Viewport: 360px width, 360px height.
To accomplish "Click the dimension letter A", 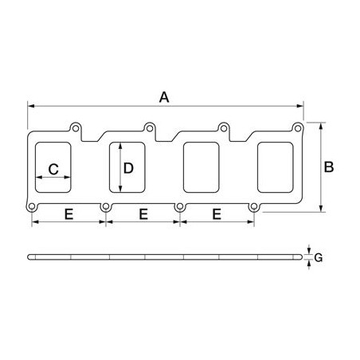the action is pyautogui.click(x=164, y=97).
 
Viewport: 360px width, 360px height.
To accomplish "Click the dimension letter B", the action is pyautogui.click(x=329, y=167).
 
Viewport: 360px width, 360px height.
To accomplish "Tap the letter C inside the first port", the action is pyautogui.click(x=53, y=169).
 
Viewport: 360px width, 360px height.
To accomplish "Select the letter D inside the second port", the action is pyautogui.click(x=128, y=168).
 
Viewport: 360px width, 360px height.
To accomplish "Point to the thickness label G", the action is pyautogui.click(x=319, y=257).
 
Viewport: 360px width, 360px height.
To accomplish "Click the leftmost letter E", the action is pyautogui.click(x=68, y=214).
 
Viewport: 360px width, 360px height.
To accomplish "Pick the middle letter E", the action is pyautogui.click(x=143, y=214).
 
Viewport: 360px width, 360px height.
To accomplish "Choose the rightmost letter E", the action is pyautogui.click(x=217, y=214).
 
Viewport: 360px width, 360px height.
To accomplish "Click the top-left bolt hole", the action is pyautogui.click(x=76, y=128).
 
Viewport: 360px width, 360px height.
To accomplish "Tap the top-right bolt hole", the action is pyautogui.click(x=298, y=128).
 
